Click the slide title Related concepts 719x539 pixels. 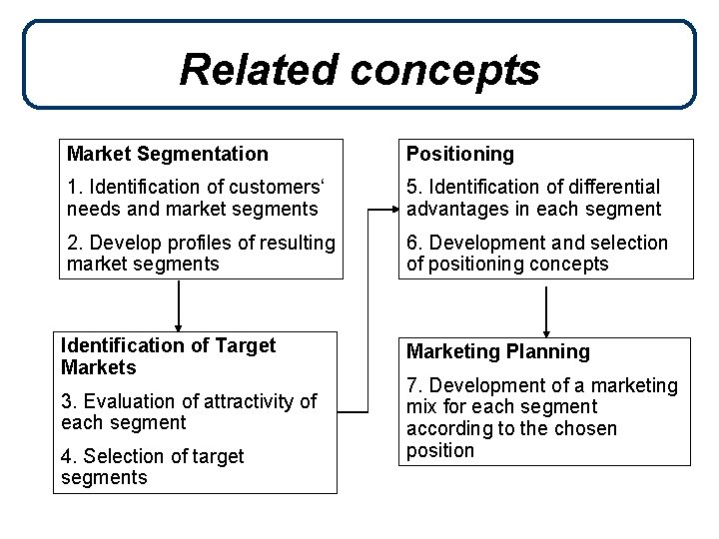359,70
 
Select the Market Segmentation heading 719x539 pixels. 168,154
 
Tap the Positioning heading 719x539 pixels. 460,154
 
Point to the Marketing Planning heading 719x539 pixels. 497,351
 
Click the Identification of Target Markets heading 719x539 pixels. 168,356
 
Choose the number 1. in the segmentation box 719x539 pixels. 74,187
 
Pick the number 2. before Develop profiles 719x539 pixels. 74,243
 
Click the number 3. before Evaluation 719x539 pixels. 68,401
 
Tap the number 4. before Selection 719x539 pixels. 68,456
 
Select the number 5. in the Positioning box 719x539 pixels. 413,187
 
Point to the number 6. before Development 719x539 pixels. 413,243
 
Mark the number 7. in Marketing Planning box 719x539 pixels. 413,385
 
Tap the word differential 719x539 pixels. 614,187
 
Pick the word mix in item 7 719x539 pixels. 420,407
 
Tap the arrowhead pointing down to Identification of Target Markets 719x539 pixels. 179,325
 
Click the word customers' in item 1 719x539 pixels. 272,187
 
